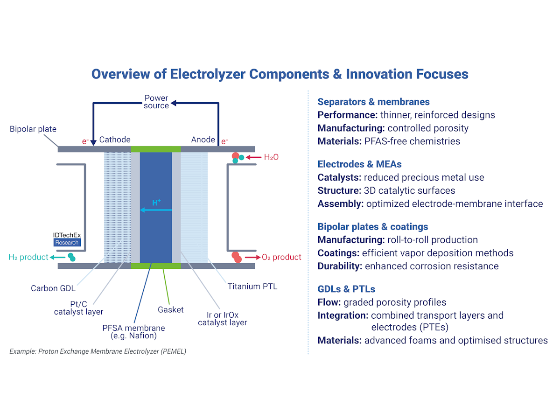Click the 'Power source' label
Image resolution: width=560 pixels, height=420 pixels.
(x=156, y=102)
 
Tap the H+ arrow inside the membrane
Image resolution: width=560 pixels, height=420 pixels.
(x=156, y=210)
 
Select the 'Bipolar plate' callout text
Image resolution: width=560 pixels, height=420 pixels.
(x=33, y=128)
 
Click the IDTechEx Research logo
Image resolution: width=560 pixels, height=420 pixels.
(x=67, y=239)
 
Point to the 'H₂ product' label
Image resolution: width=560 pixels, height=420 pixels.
(x=28, y=257)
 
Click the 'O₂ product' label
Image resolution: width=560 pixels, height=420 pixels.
(x=281, y=257)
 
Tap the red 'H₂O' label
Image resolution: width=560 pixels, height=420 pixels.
(x=271, y=158)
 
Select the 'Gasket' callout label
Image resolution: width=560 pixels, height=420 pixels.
(x=171, y=309)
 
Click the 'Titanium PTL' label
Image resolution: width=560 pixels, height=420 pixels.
(x=252, y=286)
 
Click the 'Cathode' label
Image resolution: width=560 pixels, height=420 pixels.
(x=115, y=140)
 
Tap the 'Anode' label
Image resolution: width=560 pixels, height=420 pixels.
(x=203, y=140)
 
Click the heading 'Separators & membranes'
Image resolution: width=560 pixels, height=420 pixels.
(x=373, y=102)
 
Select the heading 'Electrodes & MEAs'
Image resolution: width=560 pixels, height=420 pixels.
(x=359, y=164)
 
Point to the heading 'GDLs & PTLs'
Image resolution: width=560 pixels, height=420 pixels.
(x=346, y=289)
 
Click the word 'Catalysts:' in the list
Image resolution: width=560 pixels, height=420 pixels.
(x=339, y=177)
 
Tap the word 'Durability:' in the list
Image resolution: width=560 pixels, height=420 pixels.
(x=340, y=266)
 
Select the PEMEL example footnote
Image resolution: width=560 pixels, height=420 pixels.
(x=98, y=351)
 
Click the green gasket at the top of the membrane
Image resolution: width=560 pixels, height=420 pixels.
(x=155, y=149)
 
